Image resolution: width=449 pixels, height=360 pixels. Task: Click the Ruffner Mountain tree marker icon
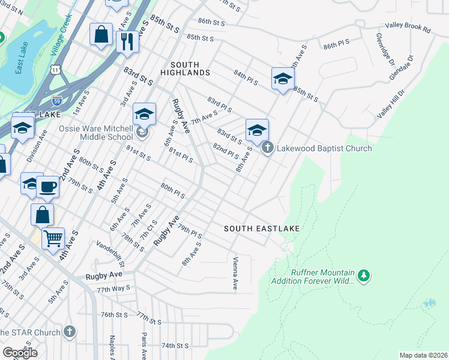[363, 275]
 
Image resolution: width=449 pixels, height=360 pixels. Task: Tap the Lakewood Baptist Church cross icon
[268, 147]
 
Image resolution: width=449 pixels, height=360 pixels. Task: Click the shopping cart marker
[53, 239]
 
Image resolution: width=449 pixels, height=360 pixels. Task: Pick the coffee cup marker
[48, 186]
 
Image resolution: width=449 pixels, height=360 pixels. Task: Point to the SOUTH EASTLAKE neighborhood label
[262, 229]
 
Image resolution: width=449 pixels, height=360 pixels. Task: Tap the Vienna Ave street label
[235, 273]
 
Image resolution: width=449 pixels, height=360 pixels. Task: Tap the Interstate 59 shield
[56, 100]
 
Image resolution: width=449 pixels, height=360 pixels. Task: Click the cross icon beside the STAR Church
[70, 331]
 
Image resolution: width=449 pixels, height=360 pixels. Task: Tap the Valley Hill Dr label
[391, 104]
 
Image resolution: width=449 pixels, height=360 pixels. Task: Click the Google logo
[20, 353]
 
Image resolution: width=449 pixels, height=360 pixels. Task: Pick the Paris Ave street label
[144, 346]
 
